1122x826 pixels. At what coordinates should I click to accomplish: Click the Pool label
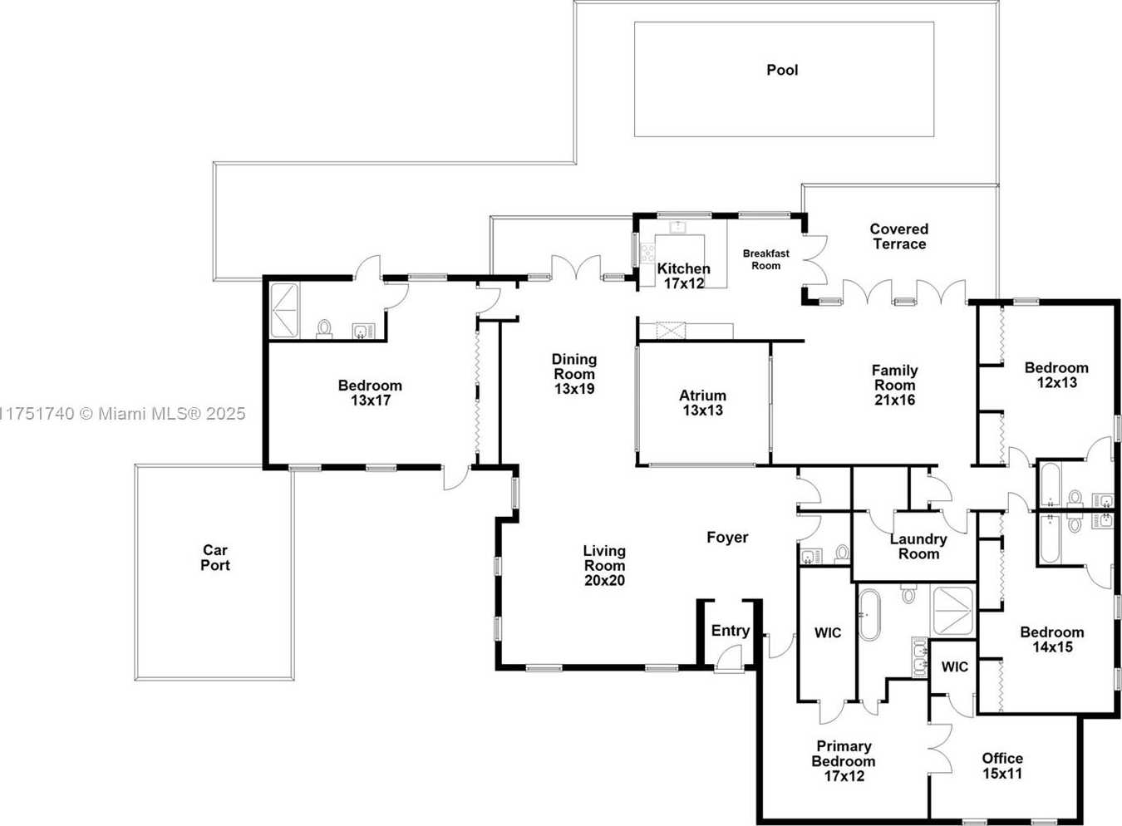point(782,71)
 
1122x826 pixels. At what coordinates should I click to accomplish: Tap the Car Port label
point(215,558)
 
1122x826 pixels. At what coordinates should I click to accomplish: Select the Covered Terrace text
point(898,236)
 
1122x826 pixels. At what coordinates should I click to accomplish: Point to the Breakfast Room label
point(765,259)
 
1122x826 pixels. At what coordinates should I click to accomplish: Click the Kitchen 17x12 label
point(683,276)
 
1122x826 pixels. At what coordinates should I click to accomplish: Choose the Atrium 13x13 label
point(702,403)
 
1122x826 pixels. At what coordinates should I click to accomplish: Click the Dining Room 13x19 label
point(574,374)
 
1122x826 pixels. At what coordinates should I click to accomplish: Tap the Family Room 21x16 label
point(894,385)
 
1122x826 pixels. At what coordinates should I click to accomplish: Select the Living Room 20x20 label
point(604,565)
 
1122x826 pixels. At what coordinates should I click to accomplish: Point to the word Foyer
point(727,538)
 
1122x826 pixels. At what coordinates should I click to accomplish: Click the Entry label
point(730,631)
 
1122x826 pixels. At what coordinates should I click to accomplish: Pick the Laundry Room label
point(918,547)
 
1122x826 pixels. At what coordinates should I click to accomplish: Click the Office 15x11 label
point(1002,765)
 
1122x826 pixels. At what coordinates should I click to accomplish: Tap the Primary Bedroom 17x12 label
point(844,761)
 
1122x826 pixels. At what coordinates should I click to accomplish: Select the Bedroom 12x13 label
point(1056,375)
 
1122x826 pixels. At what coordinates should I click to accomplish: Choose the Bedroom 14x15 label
point(1051,639)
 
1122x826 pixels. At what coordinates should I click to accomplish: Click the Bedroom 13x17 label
point(370,392)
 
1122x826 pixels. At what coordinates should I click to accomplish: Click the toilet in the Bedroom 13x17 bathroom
point(324,329)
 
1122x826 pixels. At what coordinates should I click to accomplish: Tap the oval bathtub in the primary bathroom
point(869,615)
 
